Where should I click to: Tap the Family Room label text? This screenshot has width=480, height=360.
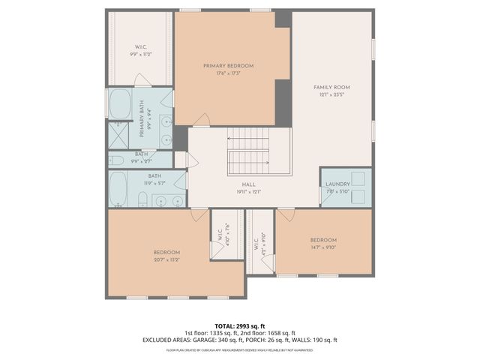coord(331,88)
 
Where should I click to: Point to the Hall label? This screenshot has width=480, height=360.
coord(248,184)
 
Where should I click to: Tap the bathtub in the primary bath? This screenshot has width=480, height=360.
coord(120,104)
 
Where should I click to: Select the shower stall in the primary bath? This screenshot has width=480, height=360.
coord(118,136)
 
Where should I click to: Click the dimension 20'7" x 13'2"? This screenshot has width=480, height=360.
coord(166,259)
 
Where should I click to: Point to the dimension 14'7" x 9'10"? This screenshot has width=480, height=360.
coord(324,247)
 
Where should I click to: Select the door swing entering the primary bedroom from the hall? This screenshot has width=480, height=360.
coord(201,120)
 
